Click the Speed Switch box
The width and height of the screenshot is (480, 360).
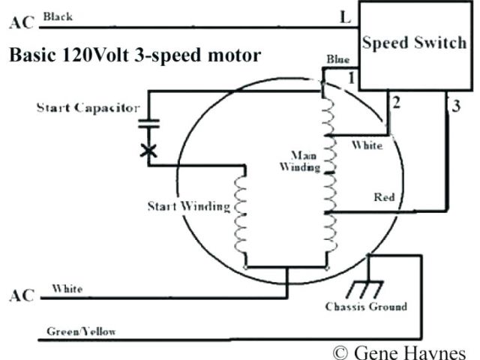tap(414, 43)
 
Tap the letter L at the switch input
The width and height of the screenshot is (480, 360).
tap(345, 18)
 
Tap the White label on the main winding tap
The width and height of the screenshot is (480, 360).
tap(367, 145)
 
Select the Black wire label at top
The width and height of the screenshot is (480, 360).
tap(58, 16)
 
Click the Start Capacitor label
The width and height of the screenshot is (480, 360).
tap(88, 108)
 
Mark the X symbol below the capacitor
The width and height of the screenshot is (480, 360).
tap(149, 151)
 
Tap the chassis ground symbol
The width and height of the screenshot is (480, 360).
tap(367, 289)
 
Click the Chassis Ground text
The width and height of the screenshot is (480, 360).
tap(366, 307)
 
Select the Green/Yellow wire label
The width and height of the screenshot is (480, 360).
tap(81, 331)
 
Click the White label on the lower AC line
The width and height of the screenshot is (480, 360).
tap(67, 288)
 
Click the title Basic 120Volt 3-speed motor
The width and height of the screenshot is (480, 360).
tap(135, 55)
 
